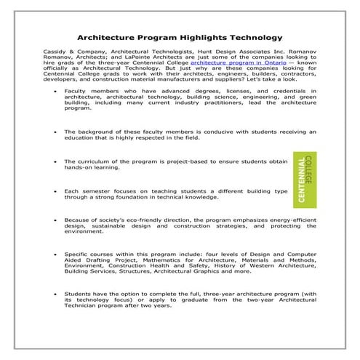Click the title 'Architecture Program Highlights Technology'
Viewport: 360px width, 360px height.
(x=180, y=36)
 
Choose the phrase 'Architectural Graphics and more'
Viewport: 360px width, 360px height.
(x=222, y=273)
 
